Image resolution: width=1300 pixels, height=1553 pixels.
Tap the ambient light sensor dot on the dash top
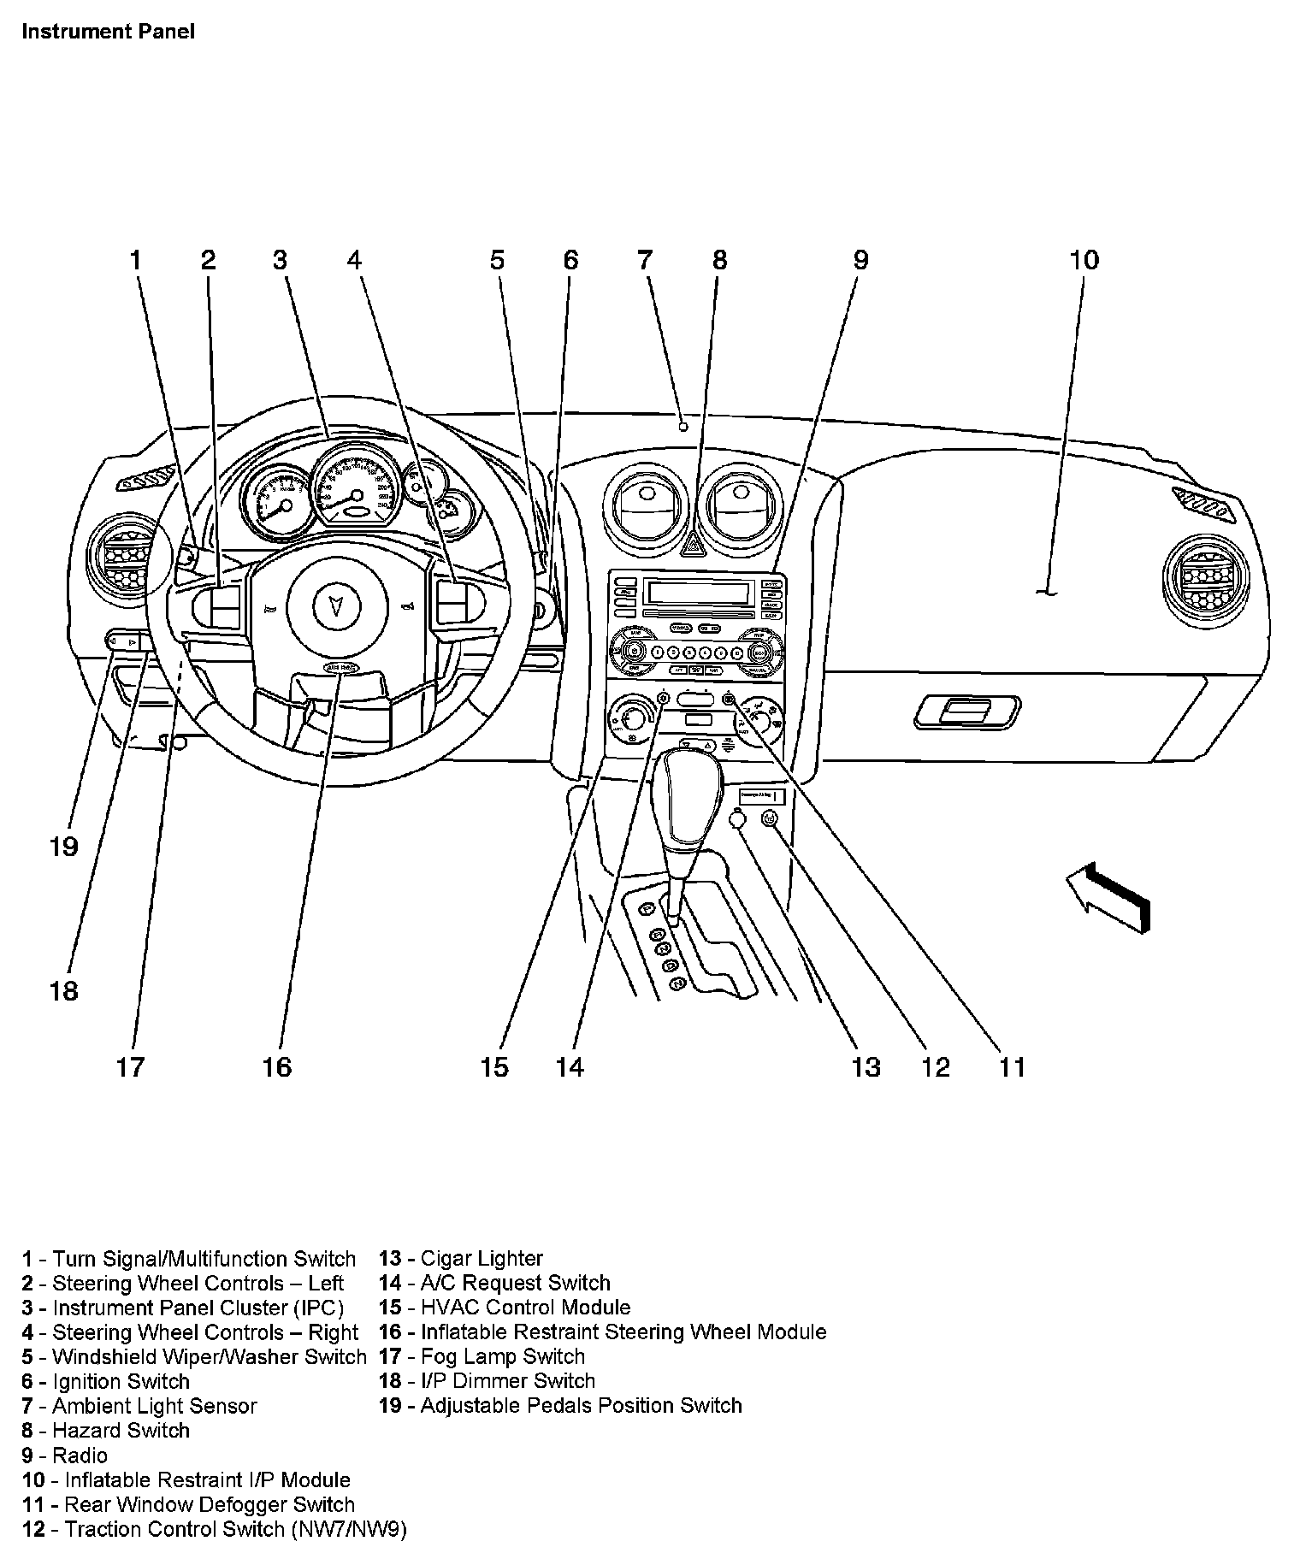coord(682,426)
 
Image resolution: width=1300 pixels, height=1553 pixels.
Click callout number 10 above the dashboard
coord(1084,260)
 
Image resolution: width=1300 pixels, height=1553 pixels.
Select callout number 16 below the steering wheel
coord(277,1066)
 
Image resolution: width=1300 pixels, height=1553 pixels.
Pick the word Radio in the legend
coord(80,1456)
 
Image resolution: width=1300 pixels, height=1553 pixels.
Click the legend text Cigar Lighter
coord(482,1259)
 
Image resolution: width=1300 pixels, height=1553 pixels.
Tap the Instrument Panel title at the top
coord(109,32)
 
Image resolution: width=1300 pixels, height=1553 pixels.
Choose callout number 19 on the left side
coord(64,847)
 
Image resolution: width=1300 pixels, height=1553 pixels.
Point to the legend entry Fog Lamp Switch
coord(503,1356)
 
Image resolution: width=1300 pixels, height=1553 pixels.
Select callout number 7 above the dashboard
coord(645,259)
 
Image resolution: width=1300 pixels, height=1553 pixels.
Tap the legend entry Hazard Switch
coord(121,1431)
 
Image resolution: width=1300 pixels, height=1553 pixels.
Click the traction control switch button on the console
coord(769,818)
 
